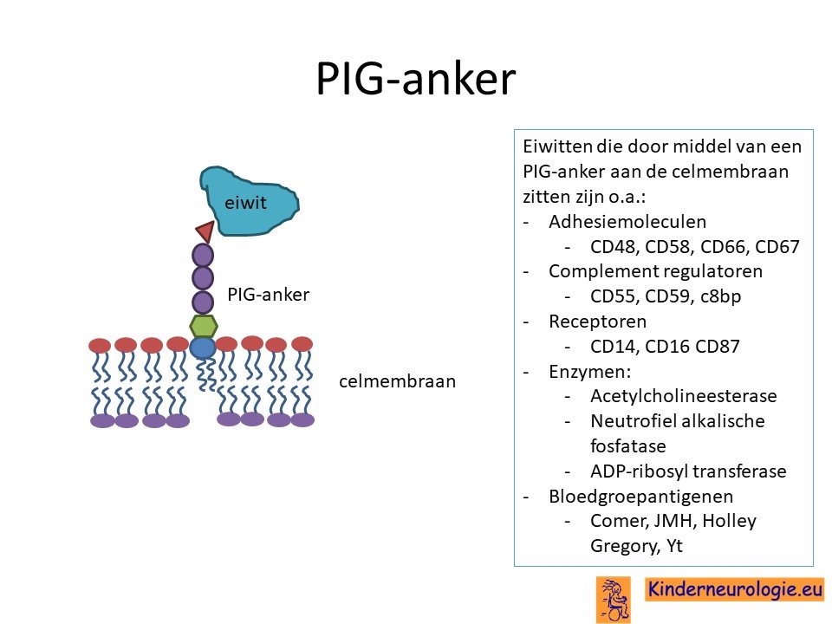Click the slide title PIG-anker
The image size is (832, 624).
(415, 79)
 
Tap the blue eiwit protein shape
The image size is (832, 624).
(250, 201)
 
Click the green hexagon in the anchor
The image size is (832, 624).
(203, 326)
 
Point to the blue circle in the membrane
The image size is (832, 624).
(202, 348)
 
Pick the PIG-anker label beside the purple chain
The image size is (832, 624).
(268, 295)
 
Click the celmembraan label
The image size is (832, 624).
(398, 381)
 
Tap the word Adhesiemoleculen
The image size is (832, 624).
(627, 221)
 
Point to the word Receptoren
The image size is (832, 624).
(597, 322)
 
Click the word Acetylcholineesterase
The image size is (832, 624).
(684, 396)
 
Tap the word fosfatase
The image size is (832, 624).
(627, 445)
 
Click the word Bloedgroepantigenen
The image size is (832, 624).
(641, 496)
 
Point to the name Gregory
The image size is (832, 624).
(625, 546)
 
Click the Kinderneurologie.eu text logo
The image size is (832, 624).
(735, 589)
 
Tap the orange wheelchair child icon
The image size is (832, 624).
(614, 600)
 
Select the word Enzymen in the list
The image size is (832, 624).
(589, 372)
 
